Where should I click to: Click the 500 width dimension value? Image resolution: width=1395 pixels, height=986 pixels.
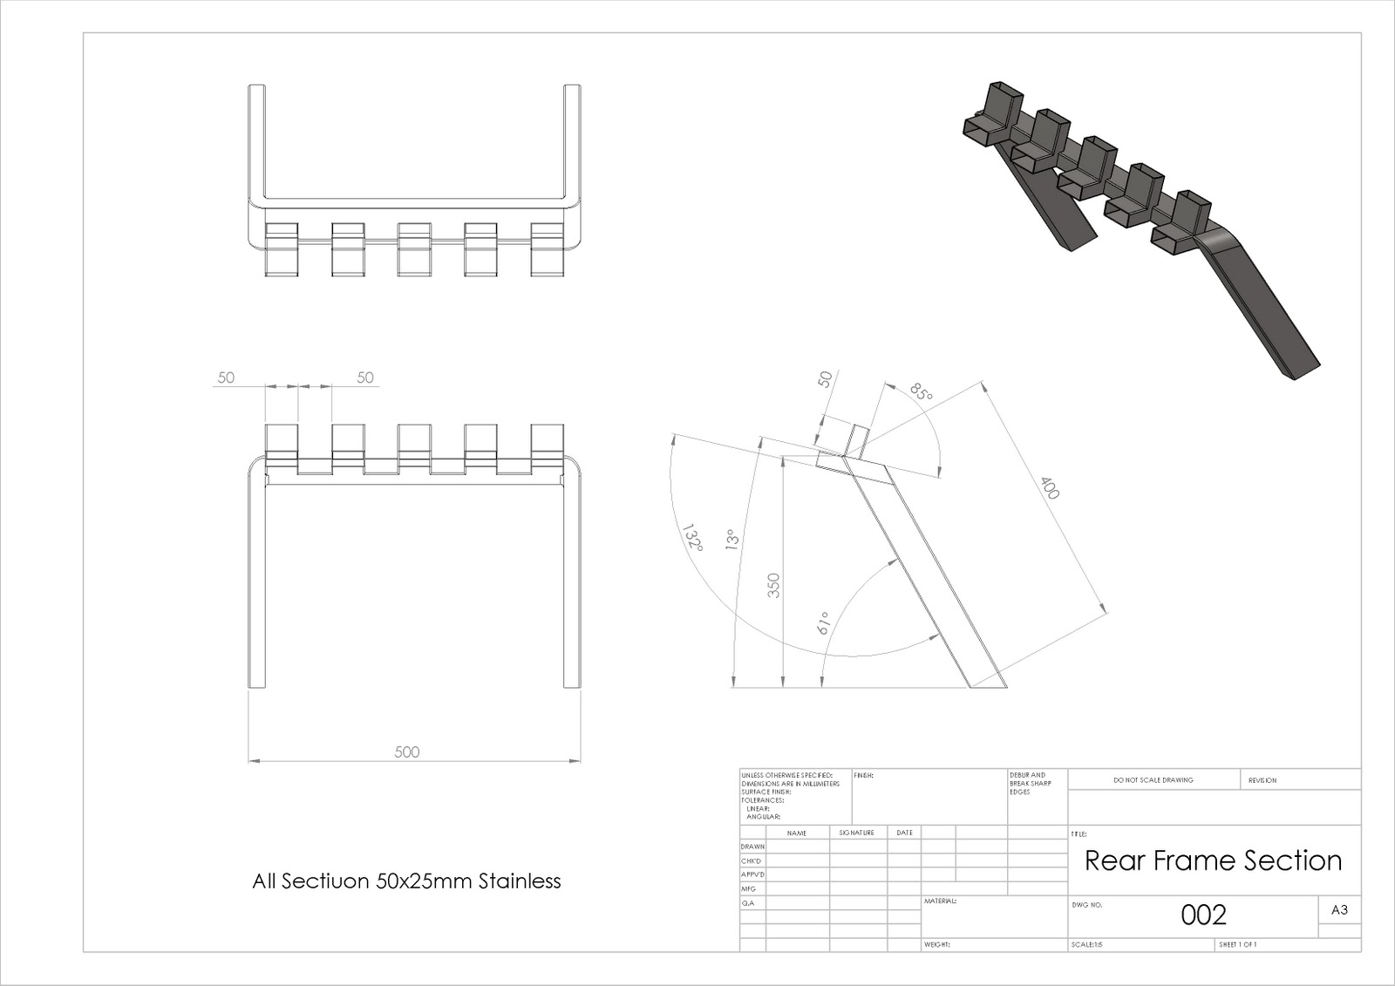tap(407, 751)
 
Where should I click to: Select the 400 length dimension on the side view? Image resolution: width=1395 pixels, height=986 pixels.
tap(1049, 488)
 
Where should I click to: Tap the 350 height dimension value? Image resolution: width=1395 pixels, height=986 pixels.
tap(773, 585)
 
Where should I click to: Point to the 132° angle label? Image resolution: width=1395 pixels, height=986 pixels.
tap(693, 537)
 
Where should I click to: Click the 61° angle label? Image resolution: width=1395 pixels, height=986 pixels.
tap(822, 622)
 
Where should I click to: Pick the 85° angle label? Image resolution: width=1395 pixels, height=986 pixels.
tap(921, 391)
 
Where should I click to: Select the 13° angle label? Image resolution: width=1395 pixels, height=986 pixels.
tap(732, 539)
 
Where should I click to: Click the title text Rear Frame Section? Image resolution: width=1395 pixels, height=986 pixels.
tap(1213, 860)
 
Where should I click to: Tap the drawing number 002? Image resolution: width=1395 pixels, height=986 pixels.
tap(1203, 915)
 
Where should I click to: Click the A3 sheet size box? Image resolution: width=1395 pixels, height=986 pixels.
tap(1339, 910)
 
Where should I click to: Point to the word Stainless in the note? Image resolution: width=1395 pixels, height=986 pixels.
tap(520, 881)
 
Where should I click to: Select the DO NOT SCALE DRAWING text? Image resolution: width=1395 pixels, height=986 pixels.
tap(1153, 780)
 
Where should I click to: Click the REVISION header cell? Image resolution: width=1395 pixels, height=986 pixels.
tap(1262, 780)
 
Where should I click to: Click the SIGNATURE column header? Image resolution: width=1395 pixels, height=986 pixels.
tap(856, 833)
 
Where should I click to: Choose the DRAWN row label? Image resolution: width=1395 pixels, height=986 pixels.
tap(752, 847)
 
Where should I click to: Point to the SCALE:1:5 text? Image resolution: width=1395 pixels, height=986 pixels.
tap(1086, 944)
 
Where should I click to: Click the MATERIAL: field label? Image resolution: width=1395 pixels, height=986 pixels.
tap(940, 901)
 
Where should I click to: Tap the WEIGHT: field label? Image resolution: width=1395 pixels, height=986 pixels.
tap(936, 944)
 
